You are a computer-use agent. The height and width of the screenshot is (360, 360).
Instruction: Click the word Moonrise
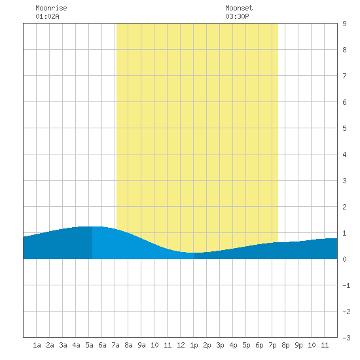point(51,8)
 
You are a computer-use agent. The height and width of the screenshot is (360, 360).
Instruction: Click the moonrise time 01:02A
point(47,16)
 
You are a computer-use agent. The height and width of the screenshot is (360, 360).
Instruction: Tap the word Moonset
point(239,8)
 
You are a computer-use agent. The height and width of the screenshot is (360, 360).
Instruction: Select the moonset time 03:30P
point(237,16)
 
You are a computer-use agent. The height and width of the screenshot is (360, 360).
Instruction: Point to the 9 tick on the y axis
point(344,24)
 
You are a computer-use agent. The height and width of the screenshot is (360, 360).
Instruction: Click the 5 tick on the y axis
point(344,128)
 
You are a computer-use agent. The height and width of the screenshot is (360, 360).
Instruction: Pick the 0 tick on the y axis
point(344,259)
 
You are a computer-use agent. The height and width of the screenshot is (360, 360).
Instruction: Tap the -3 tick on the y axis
point(346,338)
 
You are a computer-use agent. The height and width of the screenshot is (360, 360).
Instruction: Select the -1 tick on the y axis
point(346,285)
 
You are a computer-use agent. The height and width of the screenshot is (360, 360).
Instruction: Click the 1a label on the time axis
point(37,345)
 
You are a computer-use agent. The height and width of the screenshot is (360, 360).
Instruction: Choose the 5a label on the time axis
point(89,345)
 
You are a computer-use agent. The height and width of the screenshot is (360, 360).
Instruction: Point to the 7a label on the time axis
point(115,345)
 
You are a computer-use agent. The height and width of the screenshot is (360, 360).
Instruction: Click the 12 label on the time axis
point(181,345)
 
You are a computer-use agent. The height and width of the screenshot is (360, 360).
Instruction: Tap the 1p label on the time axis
point(194,345)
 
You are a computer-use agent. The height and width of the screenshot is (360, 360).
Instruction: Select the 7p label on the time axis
point(272,345)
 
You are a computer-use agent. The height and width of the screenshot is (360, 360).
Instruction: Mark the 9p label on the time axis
point(298,345)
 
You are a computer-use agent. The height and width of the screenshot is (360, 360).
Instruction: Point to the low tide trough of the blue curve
point(194,253)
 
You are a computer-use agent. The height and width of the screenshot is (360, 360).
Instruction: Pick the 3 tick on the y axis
point(344,181)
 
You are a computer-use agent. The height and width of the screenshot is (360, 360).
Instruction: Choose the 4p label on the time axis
point(233,345)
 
